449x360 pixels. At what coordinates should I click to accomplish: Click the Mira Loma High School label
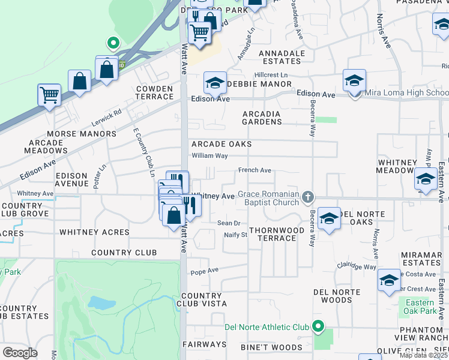coord(406,93)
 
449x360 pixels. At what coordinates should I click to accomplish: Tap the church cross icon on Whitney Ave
coord(308,197)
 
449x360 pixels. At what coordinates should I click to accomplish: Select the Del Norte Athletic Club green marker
coord(318,327)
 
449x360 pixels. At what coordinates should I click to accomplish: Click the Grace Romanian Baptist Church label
coord(268,198)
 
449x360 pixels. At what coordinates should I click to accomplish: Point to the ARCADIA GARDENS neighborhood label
coord(262,118)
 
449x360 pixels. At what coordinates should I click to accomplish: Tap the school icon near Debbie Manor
coord(214,83)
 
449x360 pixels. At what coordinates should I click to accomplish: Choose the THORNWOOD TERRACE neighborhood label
coord(273,234)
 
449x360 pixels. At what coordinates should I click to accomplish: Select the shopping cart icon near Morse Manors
coord(49,95)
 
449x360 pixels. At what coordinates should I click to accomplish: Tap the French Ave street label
coord(255,170)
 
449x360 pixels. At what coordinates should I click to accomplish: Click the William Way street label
coord(209,155)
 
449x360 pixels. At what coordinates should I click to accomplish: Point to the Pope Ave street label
coord(205,271)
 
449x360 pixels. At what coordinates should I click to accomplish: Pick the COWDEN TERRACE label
coord(154,92)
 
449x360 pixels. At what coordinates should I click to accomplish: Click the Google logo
coord(20,353)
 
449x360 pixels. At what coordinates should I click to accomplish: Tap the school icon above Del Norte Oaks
coord(329,219)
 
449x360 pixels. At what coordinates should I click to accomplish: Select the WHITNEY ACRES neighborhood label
coord(94,232)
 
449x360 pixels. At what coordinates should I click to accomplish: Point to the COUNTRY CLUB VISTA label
coord(202,300)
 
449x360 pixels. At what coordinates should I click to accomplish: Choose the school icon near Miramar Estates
coord(389,280)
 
